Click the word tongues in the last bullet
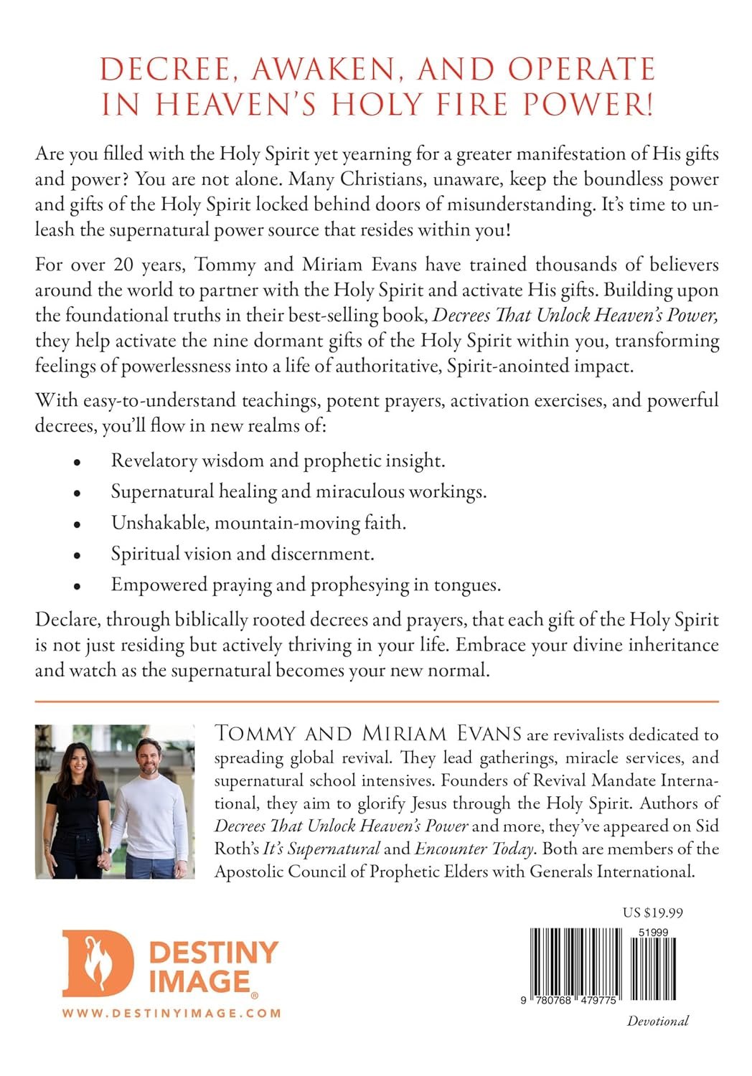pyautogui.click(x=465, y=585)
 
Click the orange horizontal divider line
pyautogui.click(x=376, y=701)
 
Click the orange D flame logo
pyautogui.click(x=97, y=963)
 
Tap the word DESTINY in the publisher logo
pyautogui.click(x=213, y=952)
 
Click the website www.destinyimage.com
pyautogui.click(x=171, y=1013)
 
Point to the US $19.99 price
pyautogui.click(x=652, y=913)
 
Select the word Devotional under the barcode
pyautogui.click(x=657, y=1021)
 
